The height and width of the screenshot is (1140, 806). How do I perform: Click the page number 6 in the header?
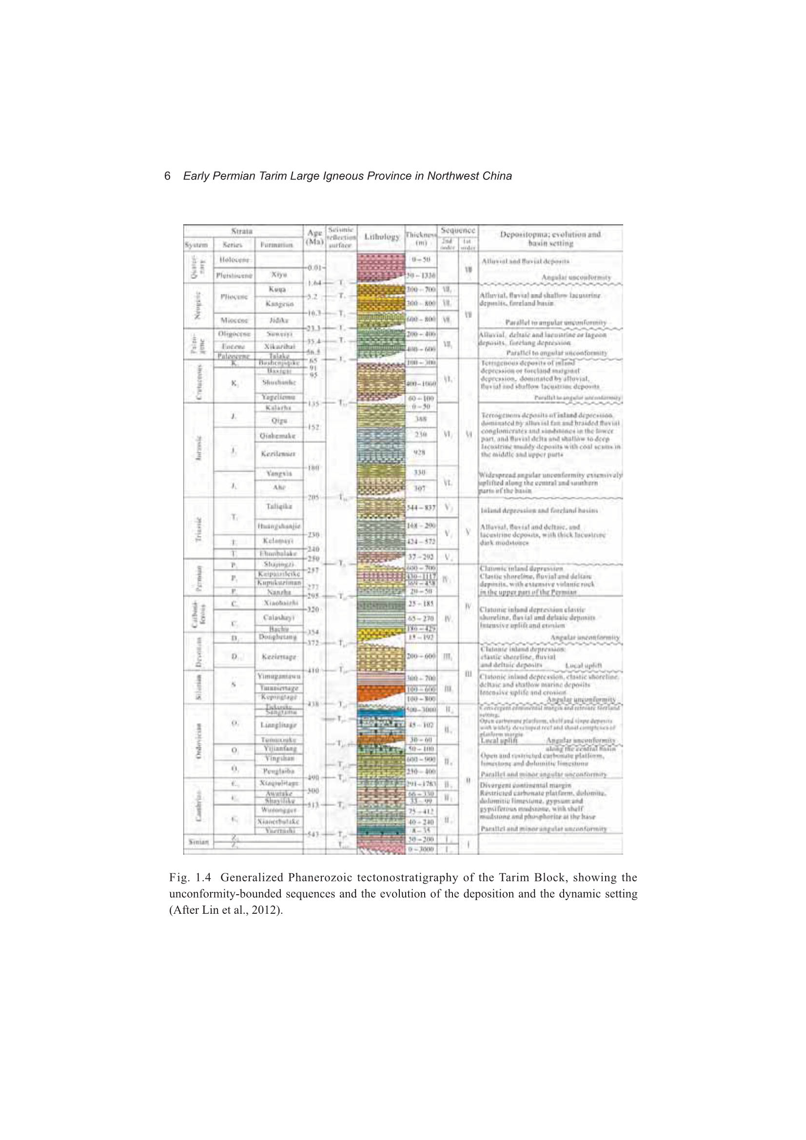(167, 176)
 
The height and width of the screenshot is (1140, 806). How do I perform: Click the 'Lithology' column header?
(381, 237)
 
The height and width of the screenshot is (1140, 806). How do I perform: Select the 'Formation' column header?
(278, 245)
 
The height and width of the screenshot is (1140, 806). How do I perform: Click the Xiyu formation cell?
(279, 275)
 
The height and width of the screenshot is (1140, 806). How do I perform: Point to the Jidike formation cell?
(279, 320)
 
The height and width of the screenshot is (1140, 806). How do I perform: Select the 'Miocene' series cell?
(234, 320)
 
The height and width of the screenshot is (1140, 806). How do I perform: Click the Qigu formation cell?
(278, 420)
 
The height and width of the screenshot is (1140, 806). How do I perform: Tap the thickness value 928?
(420, 452)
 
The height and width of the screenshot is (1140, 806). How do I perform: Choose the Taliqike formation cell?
(278, 507)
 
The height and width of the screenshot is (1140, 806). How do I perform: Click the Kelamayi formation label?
(278, 540)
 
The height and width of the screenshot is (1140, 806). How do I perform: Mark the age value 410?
(313, 671)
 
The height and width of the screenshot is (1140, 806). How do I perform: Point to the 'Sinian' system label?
(198, 842)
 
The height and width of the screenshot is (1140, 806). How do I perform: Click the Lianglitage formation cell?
(278, 725)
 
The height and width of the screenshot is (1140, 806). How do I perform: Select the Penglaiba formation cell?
(278, 771)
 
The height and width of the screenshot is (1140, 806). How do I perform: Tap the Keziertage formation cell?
(278, 656)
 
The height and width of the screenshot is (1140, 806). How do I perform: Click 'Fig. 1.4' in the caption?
(190, 877)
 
